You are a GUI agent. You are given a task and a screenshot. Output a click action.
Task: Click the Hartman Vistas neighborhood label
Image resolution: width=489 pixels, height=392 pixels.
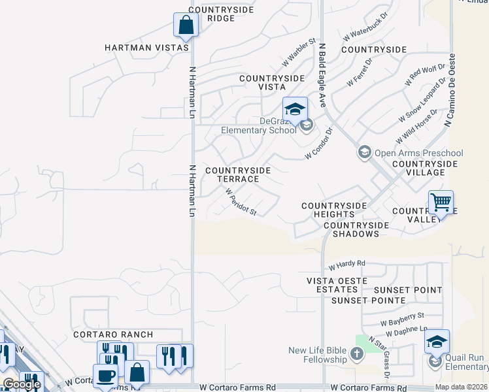[147, 48]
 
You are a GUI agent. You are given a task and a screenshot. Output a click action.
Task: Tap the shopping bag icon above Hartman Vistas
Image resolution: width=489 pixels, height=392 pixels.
[186, 25]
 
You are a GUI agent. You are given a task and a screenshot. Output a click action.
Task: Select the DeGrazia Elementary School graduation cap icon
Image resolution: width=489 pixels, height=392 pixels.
[295, 108]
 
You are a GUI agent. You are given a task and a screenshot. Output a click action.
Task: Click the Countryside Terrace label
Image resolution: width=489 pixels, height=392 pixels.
[238, 174]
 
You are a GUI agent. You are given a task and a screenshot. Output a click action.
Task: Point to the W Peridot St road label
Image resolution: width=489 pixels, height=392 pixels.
[241, 203]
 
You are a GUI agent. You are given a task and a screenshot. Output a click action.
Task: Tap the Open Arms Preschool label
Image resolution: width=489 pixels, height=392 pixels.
[418, 154]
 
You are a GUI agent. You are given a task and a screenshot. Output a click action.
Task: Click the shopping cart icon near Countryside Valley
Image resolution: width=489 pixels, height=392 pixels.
[441, 203]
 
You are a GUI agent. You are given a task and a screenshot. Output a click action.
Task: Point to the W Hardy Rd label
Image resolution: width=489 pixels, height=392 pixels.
[346, 265]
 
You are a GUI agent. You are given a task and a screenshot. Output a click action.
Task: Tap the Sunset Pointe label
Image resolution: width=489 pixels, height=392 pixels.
[368, 301]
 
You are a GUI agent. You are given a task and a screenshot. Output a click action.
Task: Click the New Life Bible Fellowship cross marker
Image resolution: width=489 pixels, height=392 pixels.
[356, 355]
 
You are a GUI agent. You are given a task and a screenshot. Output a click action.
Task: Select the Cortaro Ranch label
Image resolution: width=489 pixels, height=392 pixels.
[113, 334]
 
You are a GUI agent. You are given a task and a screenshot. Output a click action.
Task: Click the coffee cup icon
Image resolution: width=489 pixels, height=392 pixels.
[105, 376]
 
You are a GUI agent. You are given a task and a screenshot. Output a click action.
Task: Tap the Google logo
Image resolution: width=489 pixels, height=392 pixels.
[22, 384]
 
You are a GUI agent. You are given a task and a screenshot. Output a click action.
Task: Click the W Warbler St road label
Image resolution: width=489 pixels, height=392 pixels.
[299, 52]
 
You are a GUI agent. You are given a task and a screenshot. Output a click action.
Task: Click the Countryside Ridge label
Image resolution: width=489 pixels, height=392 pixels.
[212, 14]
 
